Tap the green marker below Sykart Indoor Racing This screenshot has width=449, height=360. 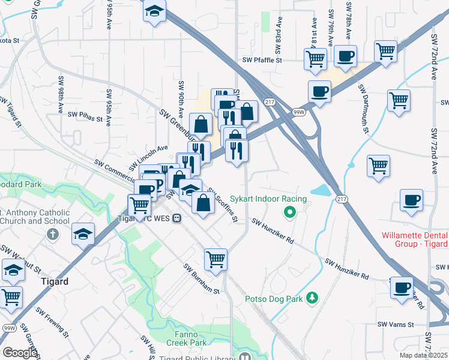[x=289, y=212]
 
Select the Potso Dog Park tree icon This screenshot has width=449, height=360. [x=312, y=298]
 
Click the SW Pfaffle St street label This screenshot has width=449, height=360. [x=262, y=60]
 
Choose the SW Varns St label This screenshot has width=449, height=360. [x=396, y=325]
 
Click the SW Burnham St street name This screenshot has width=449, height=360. [x=202, y=279]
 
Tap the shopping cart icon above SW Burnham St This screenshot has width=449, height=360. [x=215, y=259]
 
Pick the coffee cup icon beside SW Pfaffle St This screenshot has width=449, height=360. [x=345, y=56]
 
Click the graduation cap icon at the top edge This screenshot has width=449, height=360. [x=155, y=12]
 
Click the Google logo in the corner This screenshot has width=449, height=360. [x=20, y=353]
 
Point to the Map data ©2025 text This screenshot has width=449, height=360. [x=424, y=355]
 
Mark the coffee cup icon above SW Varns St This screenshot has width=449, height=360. [x=402, y=287]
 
